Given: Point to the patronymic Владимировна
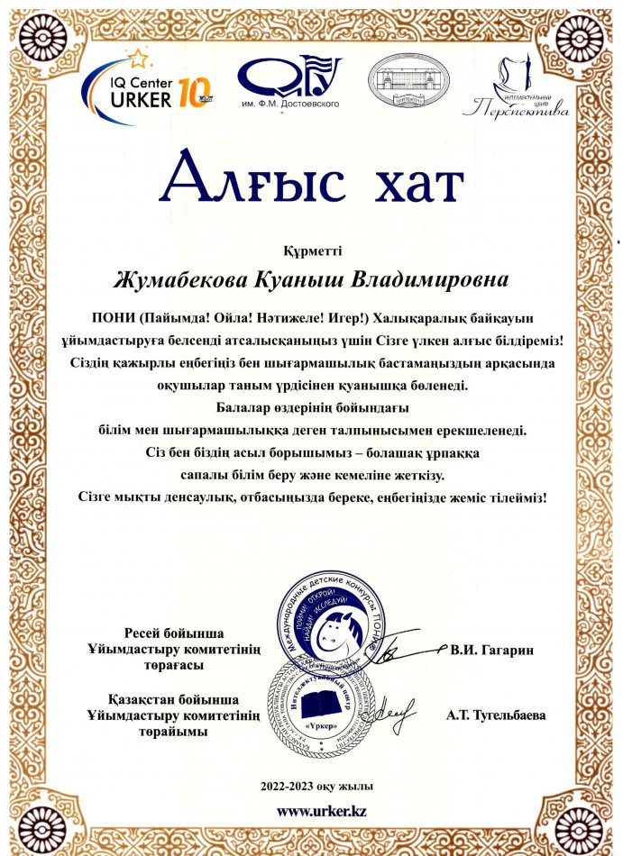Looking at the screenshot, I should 441,278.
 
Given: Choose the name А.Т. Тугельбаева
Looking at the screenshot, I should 494,715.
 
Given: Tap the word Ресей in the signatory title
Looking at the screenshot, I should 142,633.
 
